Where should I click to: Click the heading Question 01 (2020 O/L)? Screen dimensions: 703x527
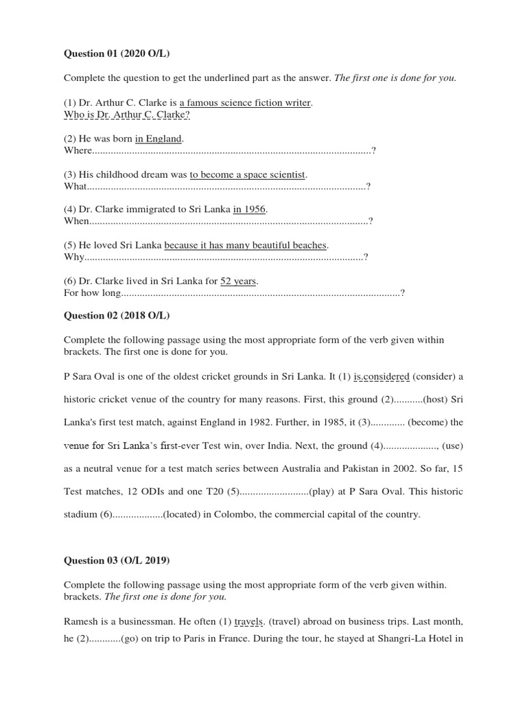coord(116,54)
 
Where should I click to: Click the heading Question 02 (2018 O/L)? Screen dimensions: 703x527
coord(116,315)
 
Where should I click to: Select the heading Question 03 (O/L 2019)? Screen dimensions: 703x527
coord(116,560)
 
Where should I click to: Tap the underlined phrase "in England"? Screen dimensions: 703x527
coord(159,139)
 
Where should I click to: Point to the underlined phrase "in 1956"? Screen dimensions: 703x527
coord(249,209)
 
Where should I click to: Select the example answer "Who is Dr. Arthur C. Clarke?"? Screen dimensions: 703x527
coord(127,114)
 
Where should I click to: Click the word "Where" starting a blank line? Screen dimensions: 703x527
coord(78,150)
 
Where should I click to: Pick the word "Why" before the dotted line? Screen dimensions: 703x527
coord(74,257)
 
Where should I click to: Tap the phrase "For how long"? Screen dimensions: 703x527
coord(92,293)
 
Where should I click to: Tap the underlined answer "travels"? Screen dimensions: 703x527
coord(249,622)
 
